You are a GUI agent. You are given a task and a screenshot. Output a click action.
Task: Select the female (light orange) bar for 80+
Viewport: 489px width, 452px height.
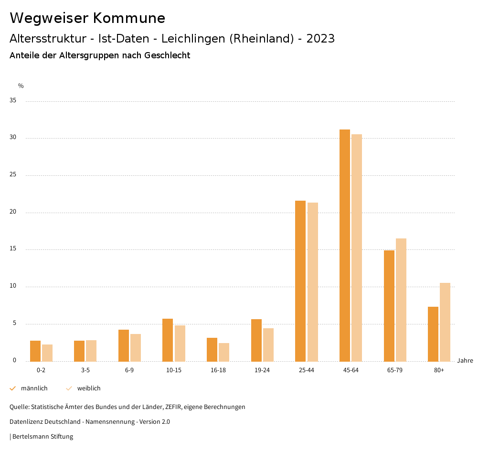445,322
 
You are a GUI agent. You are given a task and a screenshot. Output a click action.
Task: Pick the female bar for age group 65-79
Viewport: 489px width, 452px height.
401,300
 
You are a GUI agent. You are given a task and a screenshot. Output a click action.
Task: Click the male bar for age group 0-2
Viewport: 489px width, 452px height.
35,351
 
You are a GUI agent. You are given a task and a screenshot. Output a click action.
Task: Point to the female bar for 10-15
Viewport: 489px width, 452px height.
180,343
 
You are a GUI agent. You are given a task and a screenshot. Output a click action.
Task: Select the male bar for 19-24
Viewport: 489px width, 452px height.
256,340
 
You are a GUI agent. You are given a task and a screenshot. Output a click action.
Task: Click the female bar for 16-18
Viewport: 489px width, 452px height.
224,352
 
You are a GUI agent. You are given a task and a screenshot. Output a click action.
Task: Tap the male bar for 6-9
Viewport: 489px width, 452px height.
124,345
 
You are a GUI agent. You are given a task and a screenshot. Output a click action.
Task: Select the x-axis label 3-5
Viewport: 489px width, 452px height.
85,370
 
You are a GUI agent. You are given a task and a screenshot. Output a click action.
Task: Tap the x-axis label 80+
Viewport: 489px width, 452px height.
439,370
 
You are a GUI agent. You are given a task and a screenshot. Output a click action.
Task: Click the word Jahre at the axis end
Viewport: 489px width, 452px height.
465,361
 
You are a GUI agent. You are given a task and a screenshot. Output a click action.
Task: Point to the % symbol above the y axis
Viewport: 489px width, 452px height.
21,86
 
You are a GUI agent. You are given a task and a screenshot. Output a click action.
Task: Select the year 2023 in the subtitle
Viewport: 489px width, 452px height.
320,39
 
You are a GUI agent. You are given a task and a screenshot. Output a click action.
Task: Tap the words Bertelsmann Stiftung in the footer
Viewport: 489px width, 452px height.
43,437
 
